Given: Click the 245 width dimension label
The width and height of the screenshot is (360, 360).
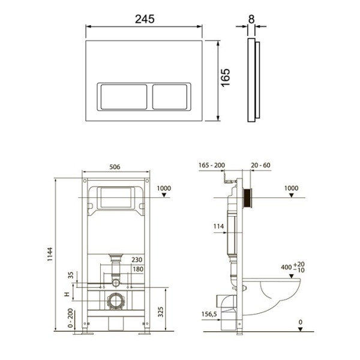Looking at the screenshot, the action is (145, 19).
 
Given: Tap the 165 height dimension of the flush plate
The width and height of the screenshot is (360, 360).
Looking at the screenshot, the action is (226, 77).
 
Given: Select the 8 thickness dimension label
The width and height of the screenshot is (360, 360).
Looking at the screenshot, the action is (251, 19).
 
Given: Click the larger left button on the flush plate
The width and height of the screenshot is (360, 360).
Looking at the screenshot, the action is (124, 97).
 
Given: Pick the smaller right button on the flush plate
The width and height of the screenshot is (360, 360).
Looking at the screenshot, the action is (170, 97).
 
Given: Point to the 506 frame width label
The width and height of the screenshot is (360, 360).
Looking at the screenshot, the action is (115, 167).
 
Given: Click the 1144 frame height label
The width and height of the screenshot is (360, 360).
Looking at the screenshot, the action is (50, 254).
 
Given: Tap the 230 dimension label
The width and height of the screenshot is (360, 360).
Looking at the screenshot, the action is (137, 260).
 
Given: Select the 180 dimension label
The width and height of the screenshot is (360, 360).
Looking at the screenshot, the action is (138, 269).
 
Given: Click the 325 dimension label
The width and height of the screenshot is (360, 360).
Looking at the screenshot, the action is (161, 312).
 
